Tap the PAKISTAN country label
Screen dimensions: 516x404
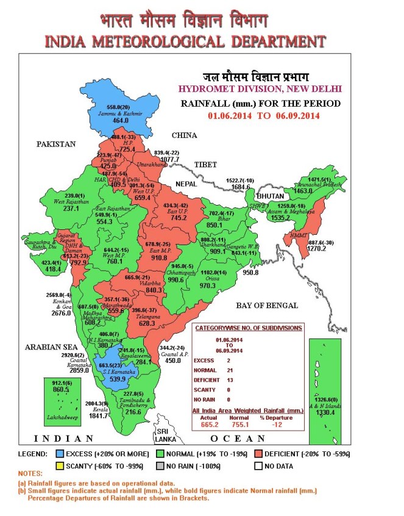(55, 144)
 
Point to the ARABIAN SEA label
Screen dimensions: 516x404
(50, 347)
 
